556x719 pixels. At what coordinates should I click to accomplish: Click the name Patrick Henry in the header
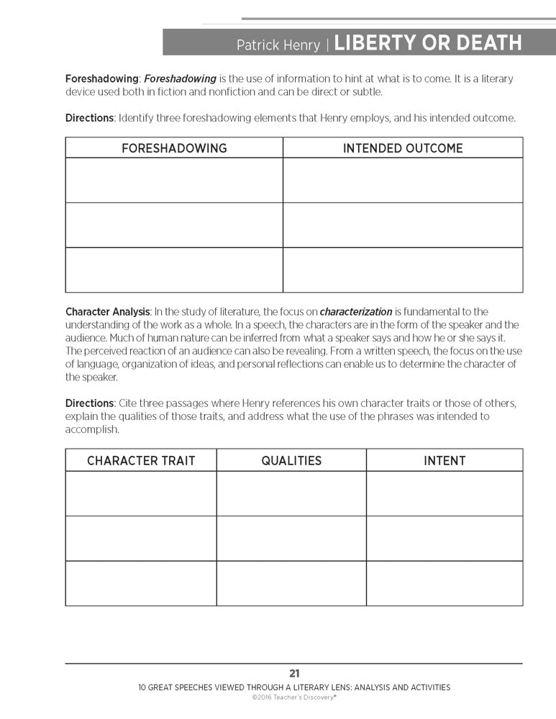pos(280,45)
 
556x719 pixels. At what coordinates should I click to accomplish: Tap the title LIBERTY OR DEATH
pos(428,43)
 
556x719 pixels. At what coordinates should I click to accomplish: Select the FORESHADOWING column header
pos(174,148)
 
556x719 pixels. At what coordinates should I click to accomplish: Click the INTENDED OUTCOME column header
pos(403,148)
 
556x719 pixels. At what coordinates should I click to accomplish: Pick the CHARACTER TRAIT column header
pos(141,461)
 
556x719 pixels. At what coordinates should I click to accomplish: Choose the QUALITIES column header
pos(291,461)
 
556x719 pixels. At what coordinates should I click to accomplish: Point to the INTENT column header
pos(445,461)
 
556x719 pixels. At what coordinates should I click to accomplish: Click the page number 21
pos(294,674)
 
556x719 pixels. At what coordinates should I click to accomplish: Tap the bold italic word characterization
pos(356,312)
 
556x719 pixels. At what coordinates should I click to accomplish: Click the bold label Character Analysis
pos(108,312)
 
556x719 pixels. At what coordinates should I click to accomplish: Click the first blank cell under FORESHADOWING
pos(174,180)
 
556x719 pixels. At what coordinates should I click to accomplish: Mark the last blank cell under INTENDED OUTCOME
pos(403,270)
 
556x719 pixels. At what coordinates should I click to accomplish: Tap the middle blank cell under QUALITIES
pos(291,539)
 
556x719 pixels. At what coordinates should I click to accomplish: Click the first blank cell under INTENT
pos(445,493)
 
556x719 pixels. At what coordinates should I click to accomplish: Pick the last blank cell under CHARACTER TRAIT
pos(141,583)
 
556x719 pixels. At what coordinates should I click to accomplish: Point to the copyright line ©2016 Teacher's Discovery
pos(294,697)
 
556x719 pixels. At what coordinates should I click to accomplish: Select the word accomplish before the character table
pos(92,429)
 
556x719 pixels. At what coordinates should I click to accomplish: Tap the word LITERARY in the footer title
pos(316,687)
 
